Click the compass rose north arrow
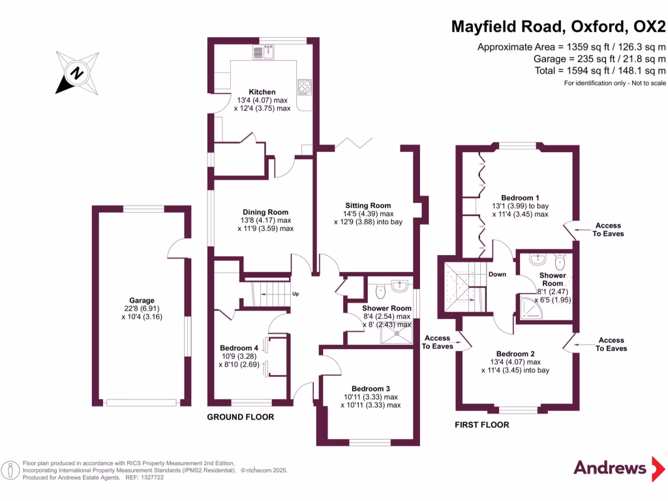click(x=76, y=72)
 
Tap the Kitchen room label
click(x=262, y=92)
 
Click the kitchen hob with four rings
click(x=304, y=87)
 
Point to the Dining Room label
click(x=266, y=212)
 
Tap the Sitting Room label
click(x=368, y=205)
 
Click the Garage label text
click(x=142, y=301)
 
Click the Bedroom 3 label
click(x=370, y=388)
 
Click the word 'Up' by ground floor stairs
click(x=296, y=294)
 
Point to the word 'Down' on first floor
click(x=497, y=274)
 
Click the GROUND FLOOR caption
click(x=240, y=417)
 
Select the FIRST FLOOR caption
click(x=481, y=425)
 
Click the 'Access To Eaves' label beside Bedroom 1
click(x=609, y=230)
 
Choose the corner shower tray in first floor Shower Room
click(x=528, y=306)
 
